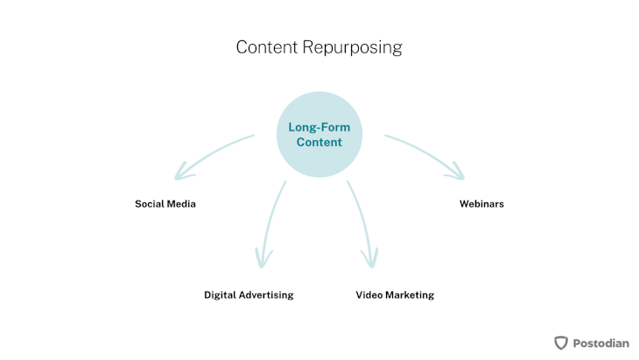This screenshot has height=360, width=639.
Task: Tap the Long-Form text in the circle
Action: click(x=319, y=127)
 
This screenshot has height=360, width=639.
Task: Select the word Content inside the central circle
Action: click(x=319, y=142)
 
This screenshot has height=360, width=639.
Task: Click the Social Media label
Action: click(x=165, y=204)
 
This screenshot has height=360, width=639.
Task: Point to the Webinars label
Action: click(x=481, y=204)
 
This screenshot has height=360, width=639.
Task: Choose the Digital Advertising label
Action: click(x=249, y=295)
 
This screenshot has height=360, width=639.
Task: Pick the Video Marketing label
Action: click(x=395, y=295)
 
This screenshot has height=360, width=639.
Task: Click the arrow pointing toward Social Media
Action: click(x=210, y=156)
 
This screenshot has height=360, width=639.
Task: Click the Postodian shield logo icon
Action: click(x=561, y=342)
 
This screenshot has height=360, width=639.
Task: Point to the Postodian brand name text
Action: click(x=601, y=343)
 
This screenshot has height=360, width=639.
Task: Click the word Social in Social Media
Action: click(x=149, y=204)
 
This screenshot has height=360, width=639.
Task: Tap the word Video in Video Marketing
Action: click(x=369, y=295)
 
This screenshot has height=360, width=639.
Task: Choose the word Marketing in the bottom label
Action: click(x=410, y=295)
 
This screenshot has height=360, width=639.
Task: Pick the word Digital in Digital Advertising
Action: click(x=220, y=295)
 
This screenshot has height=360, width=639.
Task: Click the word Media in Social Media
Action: click(x=181, y=204)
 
